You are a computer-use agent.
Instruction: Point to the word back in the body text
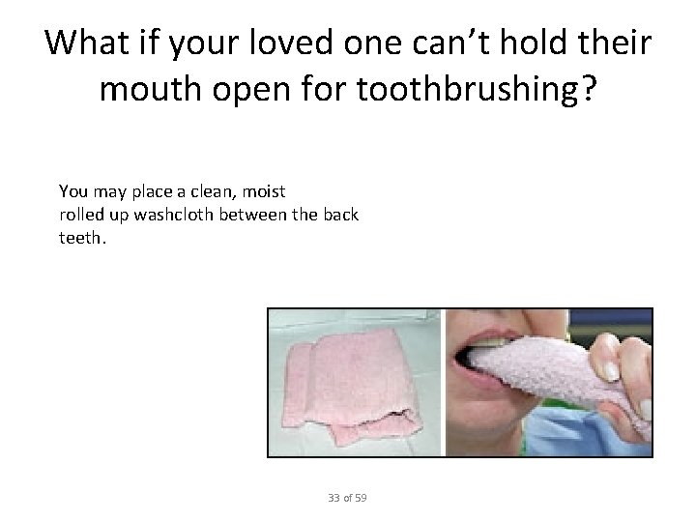point(341,214)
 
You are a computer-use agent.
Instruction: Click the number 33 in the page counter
point(334,498)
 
